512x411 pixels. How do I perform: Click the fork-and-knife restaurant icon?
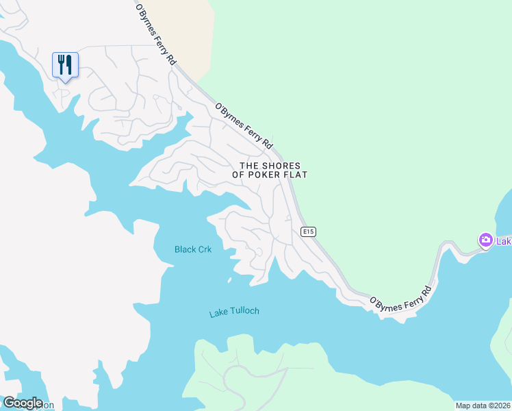pos(65,65)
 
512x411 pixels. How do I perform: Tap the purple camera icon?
pos(485,240)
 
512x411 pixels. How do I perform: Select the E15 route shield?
pos(309,232)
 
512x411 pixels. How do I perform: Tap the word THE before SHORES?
pos(250,166)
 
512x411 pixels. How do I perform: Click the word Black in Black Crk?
pos(185,249)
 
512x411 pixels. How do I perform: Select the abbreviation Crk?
pos(205,249)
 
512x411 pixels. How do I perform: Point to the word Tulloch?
pos(244,311)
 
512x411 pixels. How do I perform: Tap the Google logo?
pos(23,402)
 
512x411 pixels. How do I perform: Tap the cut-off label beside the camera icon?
pos(504,241)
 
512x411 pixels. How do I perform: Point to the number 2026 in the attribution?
pos(500,406)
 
